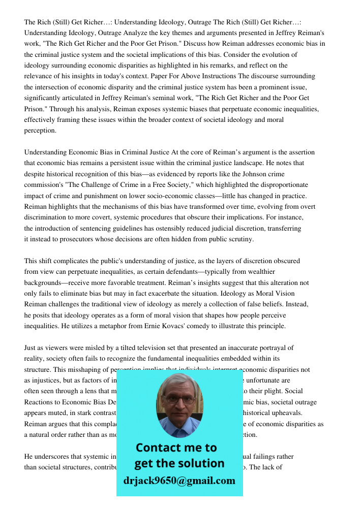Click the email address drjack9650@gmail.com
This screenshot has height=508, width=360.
(x=179, y=480)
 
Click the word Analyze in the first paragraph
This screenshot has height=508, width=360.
(x=137, y=33)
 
